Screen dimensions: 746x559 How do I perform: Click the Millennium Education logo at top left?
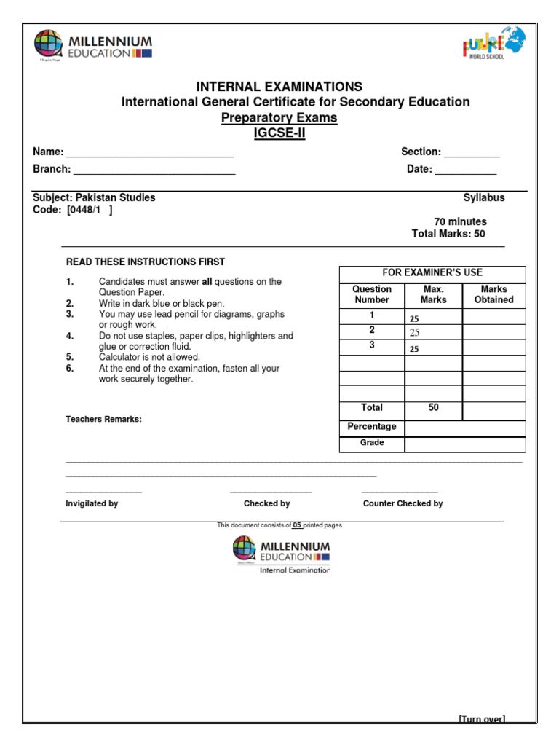tap(92, 46)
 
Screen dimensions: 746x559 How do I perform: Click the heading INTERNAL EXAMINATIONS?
tap(279, 87)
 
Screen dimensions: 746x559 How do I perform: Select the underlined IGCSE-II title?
tap(279, 133)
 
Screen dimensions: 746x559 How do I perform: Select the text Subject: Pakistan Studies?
tap(94, 197)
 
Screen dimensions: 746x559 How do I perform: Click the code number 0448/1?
tap(88, 210)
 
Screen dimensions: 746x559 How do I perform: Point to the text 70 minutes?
tap(460, 221)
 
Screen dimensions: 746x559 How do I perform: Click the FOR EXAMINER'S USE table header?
tap(432, 272)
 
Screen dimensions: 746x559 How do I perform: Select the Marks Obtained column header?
tap(493, 294)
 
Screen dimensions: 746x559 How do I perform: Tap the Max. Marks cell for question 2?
tap(433, 332)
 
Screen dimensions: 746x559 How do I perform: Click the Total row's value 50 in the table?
tap(433, 408)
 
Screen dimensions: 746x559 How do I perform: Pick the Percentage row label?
tap(372, 427)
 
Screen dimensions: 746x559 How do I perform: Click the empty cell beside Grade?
tap(464, 444)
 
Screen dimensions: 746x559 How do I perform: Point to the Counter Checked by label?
tap(403, 503)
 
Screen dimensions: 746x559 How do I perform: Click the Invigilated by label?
tap(92, 503)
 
